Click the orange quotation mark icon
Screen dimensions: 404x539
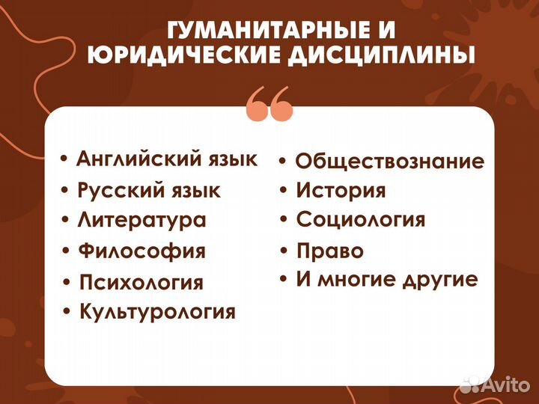click(x=269, y=103)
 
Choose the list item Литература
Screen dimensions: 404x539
click(x=141, y=220)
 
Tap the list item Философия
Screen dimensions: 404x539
click(x=141, y=251)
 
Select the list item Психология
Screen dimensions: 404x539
click(x=141, y=282)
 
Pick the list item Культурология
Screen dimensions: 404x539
click(x=157, y=311)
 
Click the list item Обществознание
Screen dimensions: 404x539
click(x=389, y=161)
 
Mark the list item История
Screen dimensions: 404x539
click(x=341, y=190)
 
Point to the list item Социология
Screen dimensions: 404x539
click(x=361, y=220)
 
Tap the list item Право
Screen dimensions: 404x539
click(x=330, y=251)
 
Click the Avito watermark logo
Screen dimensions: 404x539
click(x=495, y=385)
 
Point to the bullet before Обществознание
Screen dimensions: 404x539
click(x=284, y=161)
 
